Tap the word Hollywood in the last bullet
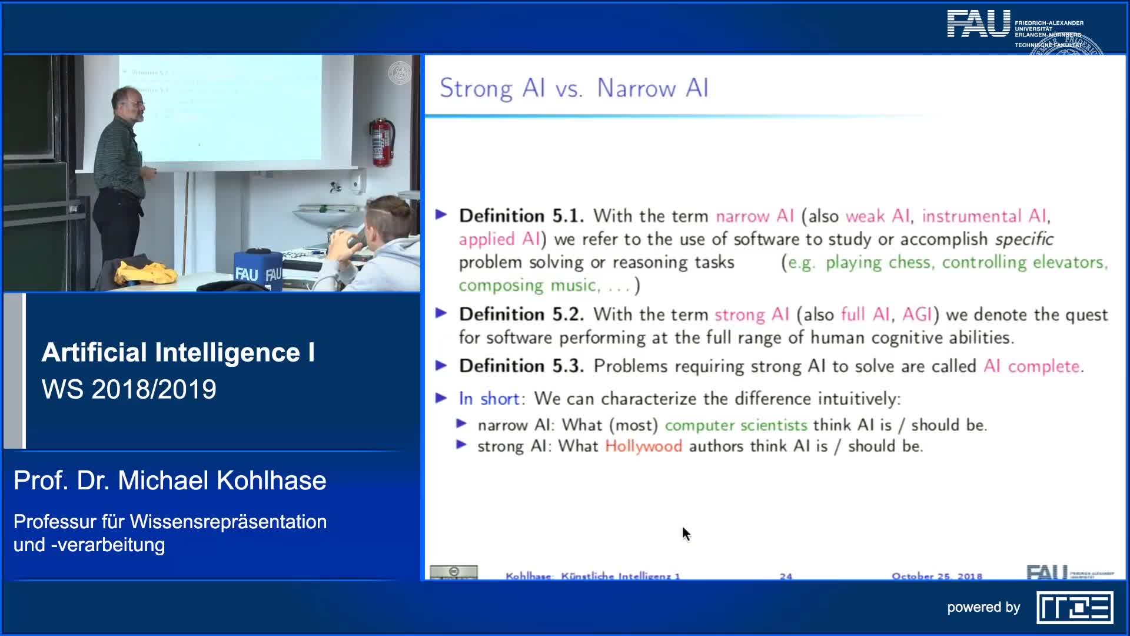coord(643,446)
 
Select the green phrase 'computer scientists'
coord(736,425)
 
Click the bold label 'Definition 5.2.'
coord(521,314)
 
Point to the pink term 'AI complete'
coord(1033,366)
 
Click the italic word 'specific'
coord(1023,239)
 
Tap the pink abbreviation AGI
coord(917,314)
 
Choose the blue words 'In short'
coord(489,399)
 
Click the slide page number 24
coord(786,576)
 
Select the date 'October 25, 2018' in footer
coord(936,576)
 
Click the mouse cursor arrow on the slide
coord(686,534)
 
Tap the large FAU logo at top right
coord(978,24)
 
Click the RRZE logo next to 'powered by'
coord(1075,607)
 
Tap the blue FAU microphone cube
coord(257,270)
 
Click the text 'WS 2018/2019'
coord(129,389)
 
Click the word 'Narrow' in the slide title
coord(636,88)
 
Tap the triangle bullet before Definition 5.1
coord(441,215)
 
